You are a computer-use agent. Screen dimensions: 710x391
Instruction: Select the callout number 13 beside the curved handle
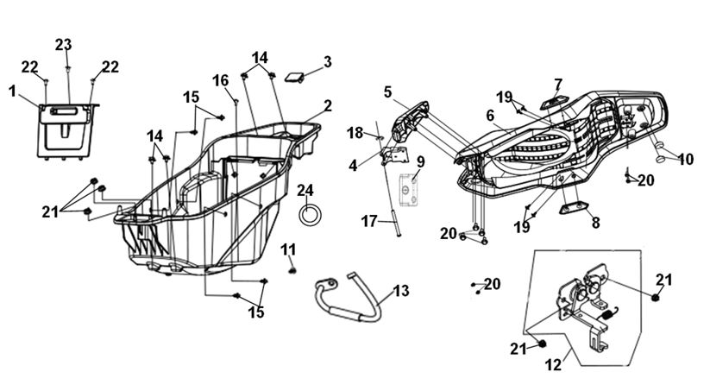tap(401, 290)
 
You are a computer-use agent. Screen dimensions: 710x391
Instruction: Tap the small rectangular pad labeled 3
tap(294, 77)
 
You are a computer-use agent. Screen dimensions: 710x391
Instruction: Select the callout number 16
tap(221, 80)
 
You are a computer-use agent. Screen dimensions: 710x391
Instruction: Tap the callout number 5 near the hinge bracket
tap(387, 92)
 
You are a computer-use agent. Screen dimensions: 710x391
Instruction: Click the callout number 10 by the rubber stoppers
tap(686, 160)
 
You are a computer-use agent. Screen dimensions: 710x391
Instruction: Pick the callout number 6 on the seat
tap(490, 116)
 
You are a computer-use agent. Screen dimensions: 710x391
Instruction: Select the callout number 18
tap(355, 133)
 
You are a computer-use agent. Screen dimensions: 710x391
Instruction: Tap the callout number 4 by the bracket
tap(353, 166)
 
